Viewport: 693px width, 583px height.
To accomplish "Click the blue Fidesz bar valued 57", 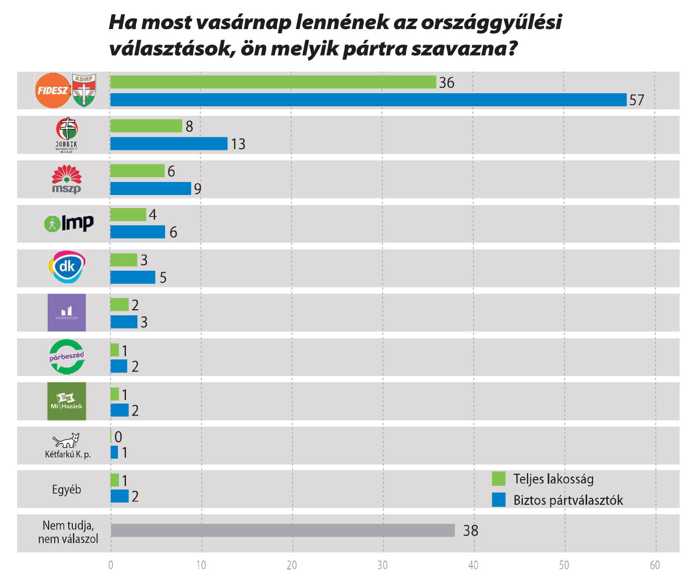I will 368,100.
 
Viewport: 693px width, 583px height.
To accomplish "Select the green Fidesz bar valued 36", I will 273,82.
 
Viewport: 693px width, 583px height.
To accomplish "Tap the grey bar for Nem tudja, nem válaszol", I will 283,530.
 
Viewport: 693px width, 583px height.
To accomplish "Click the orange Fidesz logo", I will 53,91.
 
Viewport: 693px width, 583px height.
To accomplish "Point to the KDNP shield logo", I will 84,91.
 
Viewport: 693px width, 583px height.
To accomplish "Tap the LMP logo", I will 69,223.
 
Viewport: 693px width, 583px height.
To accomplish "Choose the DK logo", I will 67,267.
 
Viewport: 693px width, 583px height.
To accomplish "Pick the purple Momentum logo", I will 67,312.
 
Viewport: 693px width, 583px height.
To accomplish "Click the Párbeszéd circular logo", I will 67,356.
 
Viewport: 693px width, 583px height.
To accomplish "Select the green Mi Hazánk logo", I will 67,401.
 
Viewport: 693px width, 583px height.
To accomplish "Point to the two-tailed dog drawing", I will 67,440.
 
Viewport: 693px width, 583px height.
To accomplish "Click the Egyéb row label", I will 66,489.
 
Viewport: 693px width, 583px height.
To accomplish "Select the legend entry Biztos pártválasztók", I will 568,500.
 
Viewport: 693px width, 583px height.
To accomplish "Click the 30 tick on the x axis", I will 382,565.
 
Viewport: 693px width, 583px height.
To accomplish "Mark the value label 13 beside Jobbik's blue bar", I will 238,144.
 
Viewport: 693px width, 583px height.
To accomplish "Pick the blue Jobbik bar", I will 169,144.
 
